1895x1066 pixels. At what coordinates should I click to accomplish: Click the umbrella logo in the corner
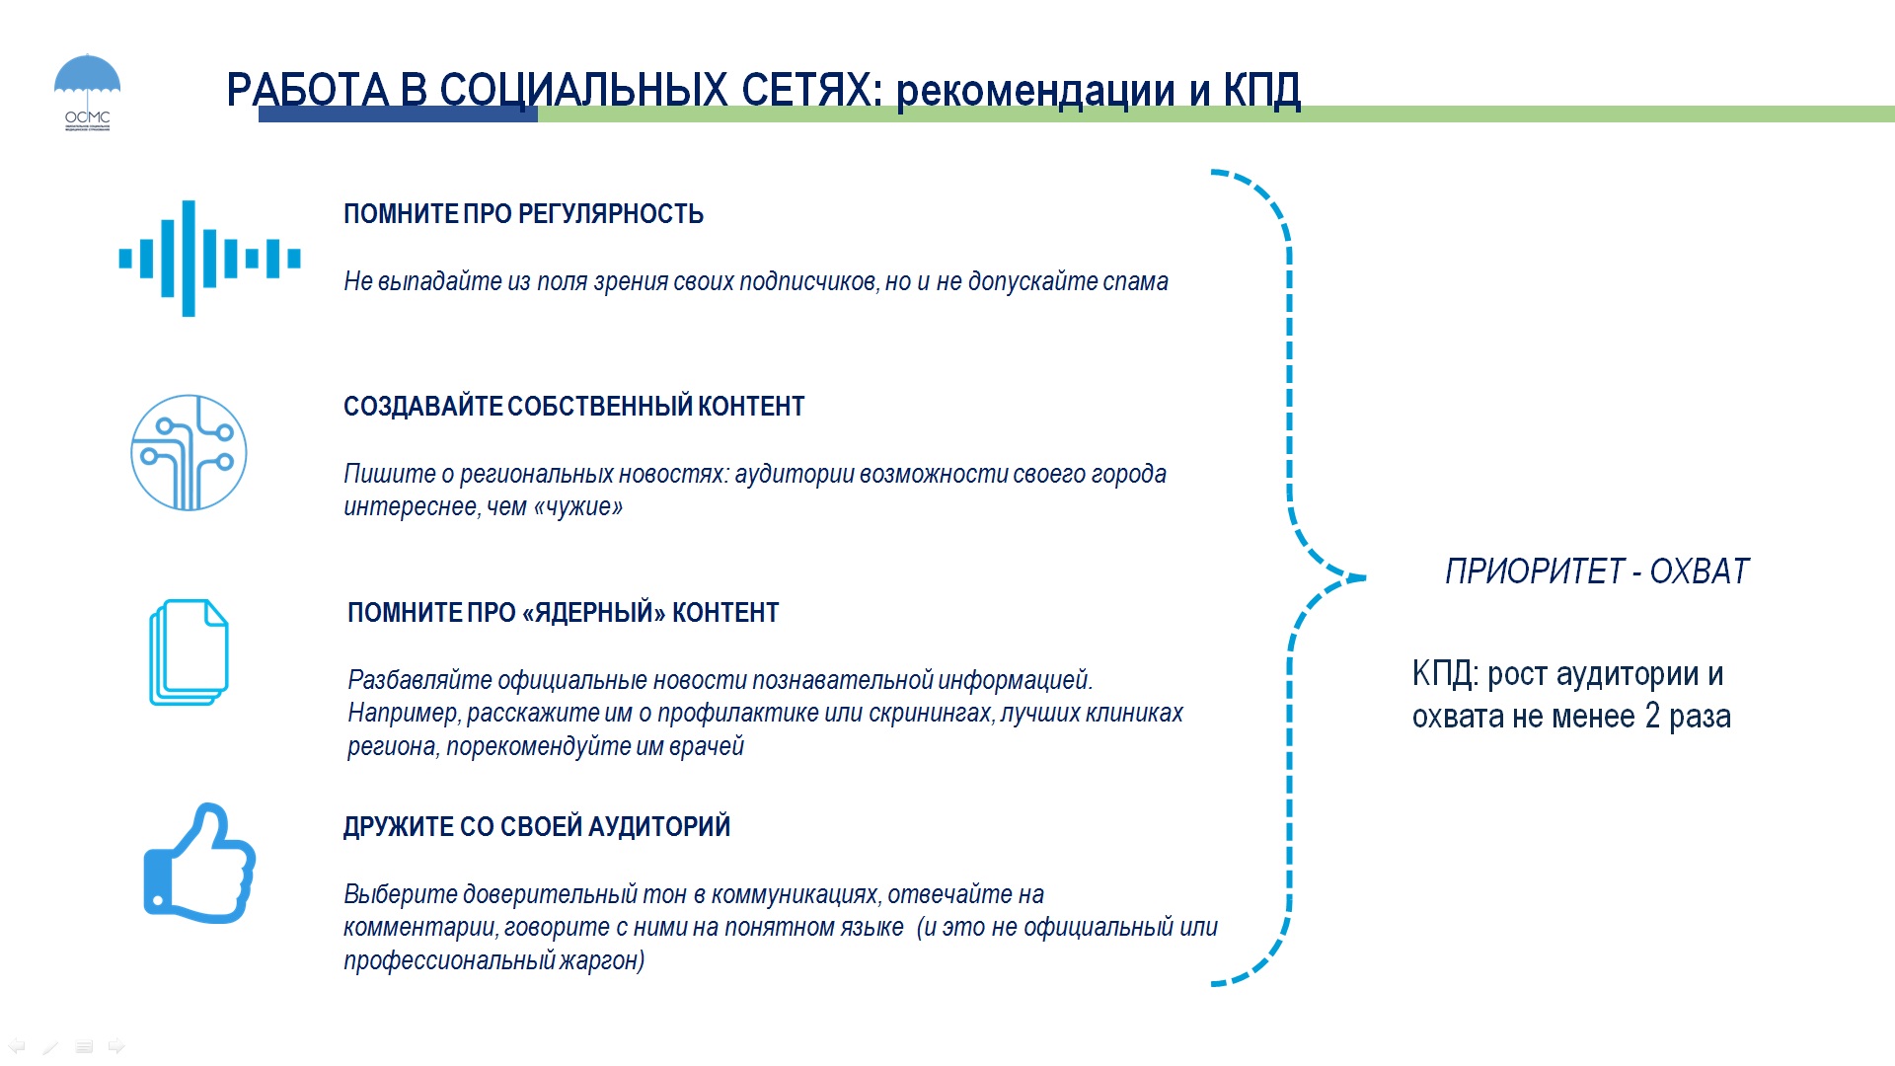[87, 92]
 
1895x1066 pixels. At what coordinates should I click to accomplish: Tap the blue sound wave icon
[209, 259]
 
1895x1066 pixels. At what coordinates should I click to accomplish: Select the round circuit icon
[189, 453]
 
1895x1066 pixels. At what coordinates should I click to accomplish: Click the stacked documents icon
[189, 652]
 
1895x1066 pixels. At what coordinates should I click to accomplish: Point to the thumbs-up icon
[199, 864]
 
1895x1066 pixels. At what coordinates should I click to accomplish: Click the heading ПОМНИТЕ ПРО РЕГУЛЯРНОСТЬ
[523, 214]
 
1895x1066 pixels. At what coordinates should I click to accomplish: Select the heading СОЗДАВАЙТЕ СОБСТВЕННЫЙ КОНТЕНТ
[573, 407]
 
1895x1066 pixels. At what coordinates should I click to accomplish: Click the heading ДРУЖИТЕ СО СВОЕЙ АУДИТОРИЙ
[537, 827]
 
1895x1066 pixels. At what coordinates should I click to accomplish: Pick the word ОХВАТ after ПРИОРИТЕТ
[1700, 571]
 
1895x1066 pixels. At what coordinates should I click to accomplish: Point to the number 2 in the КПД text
[1652, 716]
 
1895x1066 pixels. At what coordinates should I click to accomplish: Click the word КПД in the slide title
[1262, 90]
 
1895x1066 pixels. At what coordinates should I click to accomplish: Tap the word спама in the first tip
[1135, 282]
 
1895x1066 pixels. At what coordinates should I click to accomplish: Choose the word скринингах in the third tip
[920, 714]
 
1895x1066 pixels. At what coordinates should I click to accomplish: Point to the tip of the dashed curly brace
[1365, 577]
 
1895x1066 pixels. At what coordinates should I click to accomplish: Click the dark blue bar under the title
[398, 114]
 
